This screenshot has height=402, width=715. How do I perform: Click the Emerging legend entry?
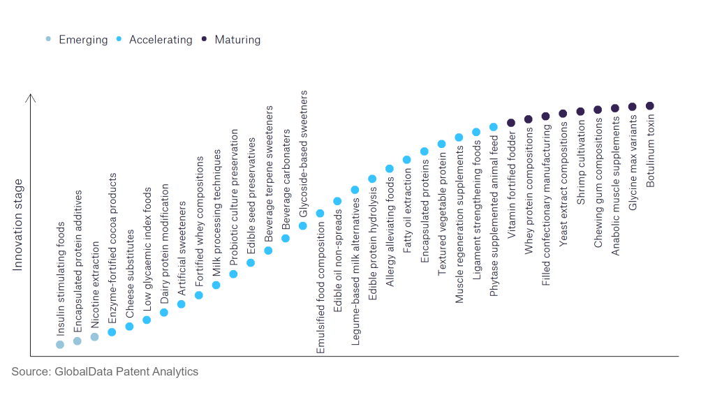coord(82,40)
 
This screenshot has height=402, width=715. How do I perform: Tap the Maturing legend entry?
coord(237,40)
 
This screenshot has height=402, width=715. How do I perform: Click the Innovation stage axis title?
coord(18,225)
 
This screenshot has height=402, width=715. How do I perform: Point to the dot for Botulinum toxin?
coord(650,106)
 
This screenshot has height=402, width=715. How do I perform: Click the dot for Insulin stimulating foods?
coord(60,344)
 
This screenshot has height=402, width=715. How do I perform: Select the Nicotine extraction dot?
coord(94,337)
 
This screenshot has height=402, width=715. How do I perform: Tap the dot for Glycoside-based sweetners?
coord(303,226)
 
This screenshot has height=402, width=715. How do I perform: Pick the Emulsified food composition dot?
coord(320,214)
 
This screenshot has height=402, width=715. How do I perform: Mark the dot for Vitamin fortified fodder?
coord(511,123)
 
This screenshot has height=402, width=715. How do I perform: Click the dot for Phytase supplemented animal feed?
coord(494,127)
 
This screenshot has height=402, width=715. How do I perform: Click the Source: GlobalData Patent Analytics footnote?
coord(105,371)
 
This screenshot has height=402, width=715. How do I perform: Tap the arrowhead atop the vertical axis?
coord(30,98)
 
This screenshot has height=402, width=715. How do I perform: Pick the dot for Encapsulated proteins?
coord(425,151)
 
